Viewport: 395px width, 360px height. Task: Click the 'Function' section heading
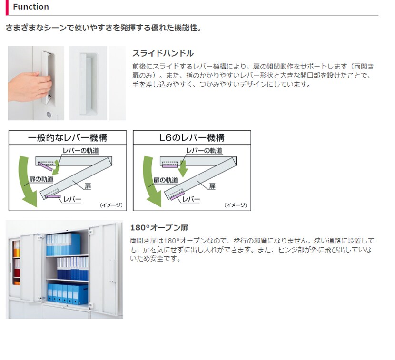point(31,7)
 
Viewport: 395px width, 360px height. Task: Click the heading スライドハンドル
point(163,53)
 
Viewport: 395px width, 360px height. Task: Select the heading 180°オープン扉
point(159,228)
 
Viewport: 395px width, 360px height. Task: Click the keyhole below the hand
point(49,115)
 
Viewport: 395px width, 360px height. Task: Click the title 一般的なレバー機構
point(68,138)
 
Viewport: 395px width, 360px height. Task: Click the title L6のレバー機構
point(192,138)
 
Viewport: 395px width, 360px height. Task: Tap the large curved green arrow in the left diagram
point(25,181)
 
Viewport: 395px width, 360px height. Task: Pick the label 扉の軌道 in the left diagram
point(41,179)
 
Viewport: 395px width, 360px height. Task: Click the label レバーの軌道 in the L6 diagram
point(204,151)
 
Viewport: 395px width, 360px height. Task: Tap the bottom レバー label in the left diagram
point(72,199)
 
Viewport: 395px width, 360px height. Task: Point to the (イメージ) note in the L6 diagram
point(236,205)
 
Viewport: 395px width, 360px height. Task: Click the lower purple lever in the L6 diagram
point(178,195)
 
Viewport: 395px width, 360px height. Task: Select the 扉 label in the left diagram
point(88,186)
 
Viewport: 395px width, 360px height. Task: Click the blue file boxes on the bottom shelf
point(68,293)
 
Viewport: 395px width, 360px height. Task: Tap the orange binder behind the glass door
point(17,253)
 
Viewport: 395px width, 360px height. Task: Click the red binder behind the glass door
point(17,273)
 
